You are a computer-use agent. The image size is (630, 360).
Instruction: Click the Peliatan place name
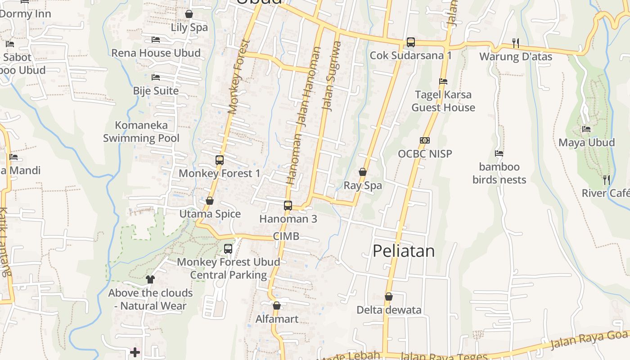pyautogui.click(x=404, y=251)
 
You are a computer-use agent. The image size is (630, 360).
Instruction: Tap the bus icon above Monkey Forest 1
pyautogui.click(x=220, y=160)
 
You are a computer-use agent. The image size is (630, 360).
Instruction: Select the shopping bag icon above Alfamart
pyautogui.click(x=277, y=306)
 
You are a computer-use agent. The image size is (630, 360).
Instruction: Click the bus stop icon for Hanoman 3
pyautogui.click(x=288, y=206)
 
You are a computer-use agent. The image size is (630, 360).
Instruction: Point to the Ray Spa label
pyautogui.click(x=363, y=185)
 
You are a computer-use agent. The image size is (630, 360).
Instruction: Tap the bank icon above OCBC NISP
pyautogui.click(x=425, y=140)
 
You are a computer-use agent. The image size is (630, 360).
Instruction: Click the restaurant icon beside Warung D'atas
pyautogui.click(x=516, y=43)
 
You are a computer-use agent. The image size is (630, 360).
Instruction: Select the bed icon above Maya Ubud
pyautogui.click(x=586, y=129)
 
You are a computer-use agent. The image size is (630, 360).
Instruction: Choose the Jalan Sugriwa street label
pyautogui.click(x=331, y=76)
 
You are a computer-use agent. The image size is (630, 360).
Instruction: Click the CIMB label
pyautogui.click(x=286, y=237)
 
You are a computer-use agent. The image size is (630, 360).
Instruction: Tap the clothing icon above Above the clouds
pyautogui.click(x=150, y=279)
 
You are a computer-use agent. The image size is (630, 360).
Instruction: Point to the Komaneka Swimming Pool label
pyautogui.click(x=141, y=132)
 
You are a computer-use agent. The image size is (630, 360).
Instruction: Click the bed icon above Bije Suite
pyautogui.click(x=156, y=77)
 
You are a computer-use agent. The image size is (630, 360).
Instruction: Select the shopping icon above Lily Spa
pyautogui.click(x=189, y=14)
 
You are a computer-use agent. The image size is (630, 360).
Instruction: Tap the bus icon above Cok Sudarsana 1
pyautogui.click(x=410, y=42)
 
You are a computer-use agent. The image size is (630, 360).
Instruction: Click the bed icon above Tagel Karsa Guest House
pyautogui.click(x=443, y=81)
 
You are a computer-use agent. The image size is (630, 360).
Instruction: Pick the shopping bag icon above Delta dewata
pyautogui.click(x=389, y=297)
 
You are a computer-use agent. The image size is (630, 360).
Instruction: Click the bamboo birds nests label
pyautogui.click(x=499, y=173)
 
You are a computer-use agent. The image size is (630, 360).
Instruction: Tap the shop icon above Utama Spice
pyautogui.click(x=210, y=201)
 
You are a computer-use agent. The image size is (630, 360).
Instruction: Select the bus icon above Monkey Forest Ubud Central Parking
pyautogui.click(x=228, y=248)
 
